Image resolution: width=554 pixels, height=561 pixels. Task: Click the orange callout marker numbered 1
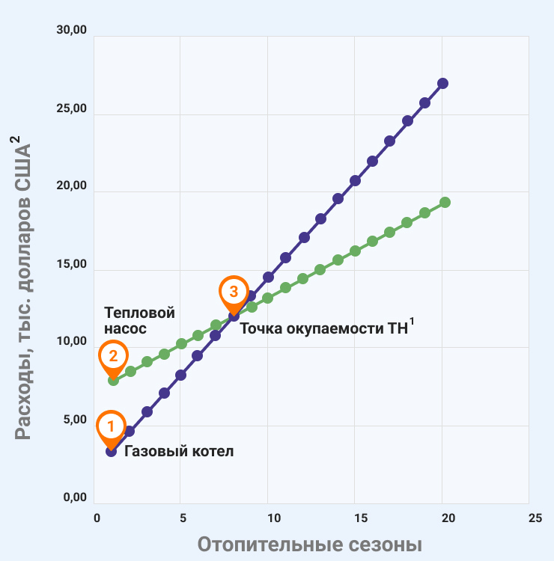coord(110,426)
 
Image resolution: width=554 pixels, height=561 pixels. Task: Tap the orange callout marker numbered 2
coord(113,356)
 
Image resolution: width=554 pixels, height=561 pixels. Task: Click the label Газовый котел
coord(179,451)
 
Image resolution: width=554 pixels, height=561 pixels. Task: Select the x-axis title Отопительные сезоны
coord(310,544)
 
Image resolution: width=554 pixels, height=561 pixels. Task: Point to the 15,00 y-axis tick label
coord(72,264)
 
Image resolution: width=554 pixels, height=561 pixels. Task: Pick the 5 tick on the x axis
coord(182,518)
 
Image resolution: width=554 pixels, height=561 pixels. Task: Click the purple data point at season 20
coord(442,83)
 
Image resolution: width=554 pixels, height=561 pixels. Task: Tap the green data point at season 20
coord(445,202)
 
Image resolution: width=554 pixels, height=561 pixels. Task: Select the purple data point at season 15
coord(355,180)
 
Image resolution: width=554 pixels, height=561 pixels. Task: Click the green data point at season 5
coord(181,344)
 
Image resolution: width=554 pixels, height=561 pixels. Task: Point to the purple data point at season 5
coord(180,375)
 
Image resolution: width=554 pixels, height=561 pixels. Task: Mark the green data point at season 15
coord(355,251)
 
